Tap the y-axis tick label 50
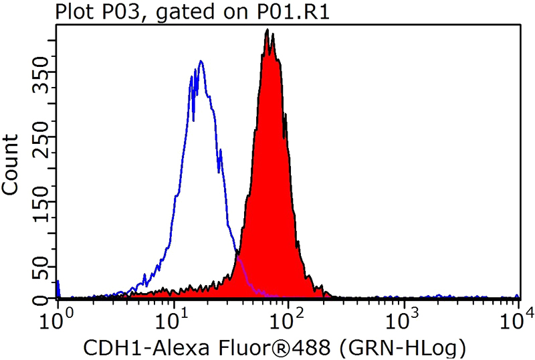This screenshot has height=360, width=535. pyautogui.click(x=41, y=273)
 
